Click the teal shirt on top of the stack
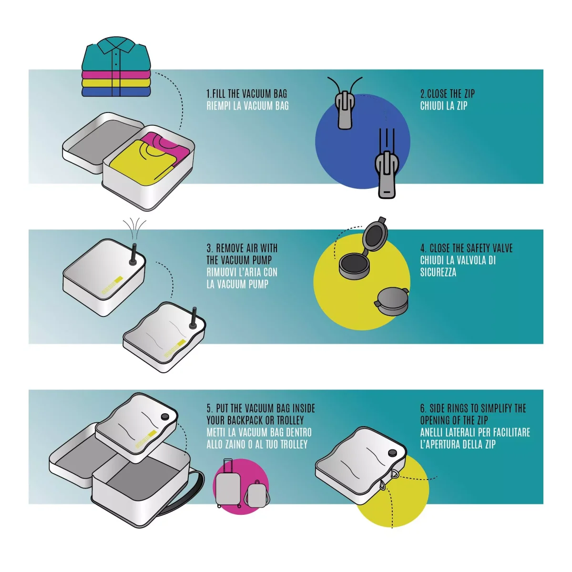tap(116, 55)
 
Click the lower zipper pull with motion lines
tap(387, 174)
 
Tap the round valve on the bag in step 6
tap(392, 453)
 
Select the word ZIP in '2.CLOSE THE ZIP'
tap(469, 94)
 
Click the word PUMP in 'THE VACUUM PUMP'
tap(262, 260)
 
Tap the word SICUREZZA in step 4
tap(438, 273)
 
